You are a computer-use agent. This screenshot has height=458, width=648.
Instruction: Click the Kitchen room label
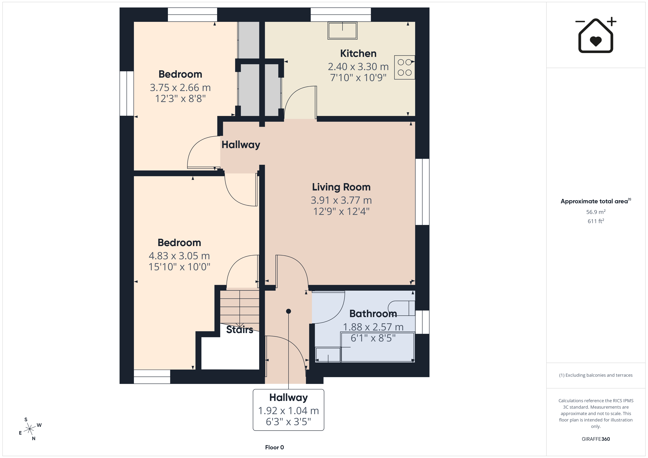[x=358, y=53]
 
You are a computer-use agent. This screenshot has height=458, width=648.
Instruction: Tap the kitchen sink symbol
[x=342, y=30]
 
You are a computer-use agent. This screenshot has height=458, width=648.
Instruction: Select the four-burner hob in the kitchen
[x=404, y=67]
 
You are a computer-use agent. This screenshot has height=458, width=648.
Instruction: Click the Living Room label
[x=341, y=187]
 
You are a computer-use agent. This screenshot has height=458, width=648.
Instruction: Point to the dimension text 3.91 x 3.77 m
[x=341, y=200]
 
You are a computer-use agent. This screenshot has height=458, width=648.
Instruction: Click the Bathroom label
[x=373, y=313]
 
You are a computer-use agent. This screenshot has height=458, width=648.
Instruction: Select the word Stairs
[x=240, y=329]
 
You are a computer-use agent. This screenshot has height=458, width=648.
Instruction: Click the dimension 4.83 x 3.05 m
[x=179, y=256]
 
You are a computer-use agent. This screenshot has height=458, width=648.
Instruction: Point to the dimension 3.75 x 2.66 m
[x=180, y=87]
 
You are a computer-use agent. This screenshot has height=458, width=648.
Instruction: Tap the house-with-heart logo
[x=596, y=35]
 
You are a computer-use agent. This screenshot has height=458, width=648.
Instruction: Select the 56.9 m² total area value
[x=596, y=212]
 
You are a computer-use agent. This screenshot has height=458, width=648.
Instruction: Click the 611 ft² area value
[x=596, y=221]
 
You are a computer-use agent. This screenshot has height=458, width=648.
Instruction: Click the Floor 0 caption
[x=274, y=447]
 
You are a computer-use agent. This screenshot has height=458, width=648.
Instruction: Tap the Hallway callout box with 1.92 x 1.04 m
[x=288, y=410]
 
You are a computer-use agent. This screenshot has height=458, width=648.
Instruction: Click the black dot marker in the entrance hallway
[x=288, y=311]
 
